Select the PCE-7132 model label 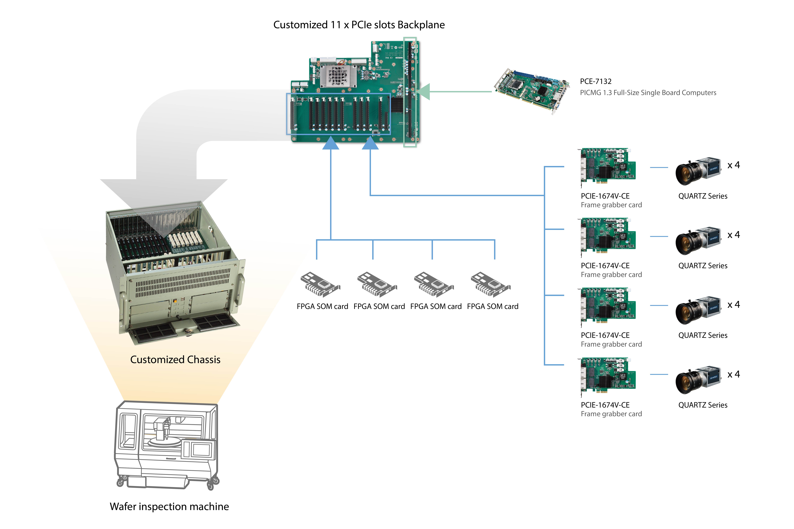pyautogui.click(x=595, y=81)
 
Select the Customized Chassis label pyautogui.click(x=175, y=360)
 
